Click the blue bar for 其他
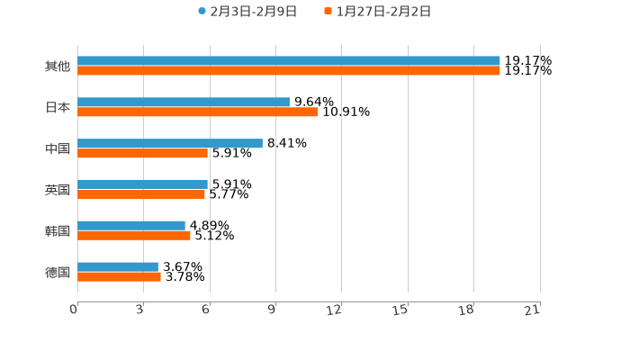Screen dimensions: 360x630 (288, 61)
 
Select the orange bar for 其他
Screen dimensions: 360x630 (288, 71)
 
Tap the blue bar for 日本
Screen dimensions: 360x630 (184, 103)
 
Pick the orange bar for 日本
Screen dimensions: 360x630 (198, 112)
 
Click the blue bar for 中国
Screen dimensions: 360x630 (170, 143)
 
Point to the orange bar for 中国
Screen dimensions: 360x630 (142, 154)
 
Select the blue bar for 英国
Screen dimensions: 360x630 (142, 184)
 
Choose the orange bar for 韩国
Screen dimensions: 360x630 (134, 236)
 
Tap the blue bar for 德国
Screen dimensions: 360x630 (118, 266)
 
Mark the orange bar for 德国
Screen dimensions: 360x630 (119, 277)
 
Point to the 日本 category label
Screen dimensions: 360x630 (58, 108)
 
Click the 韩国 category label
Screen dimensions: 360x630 (58, 231)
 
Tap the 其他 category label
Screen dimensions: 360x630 (58, 67)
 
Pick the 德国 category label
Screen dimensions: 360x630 (58, 272)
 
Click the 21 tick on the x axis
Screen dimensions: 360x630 (532, 310)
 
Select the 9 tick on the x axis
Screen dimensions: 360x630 (271, 310)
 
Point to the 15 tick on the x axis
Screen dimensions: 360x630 (400, 310)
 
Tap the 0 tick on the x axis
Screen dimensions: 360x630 (74, 310)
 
